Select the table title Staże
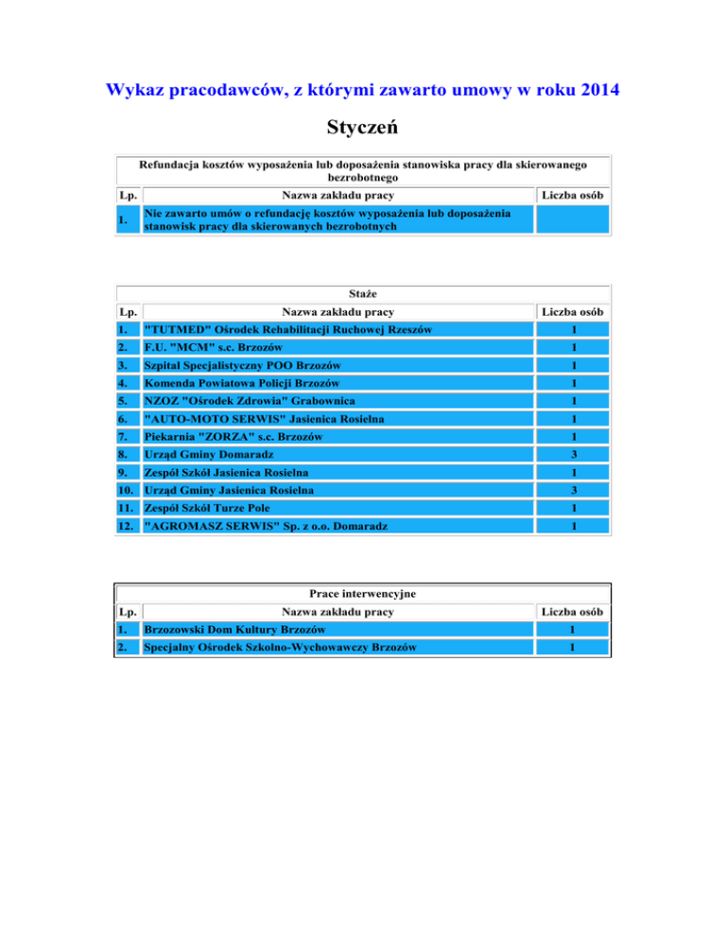click(364, 292)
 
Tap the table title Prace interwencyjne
click(364, 593)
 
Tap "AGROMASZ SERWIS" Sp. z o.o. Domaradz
click(264, 526)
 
